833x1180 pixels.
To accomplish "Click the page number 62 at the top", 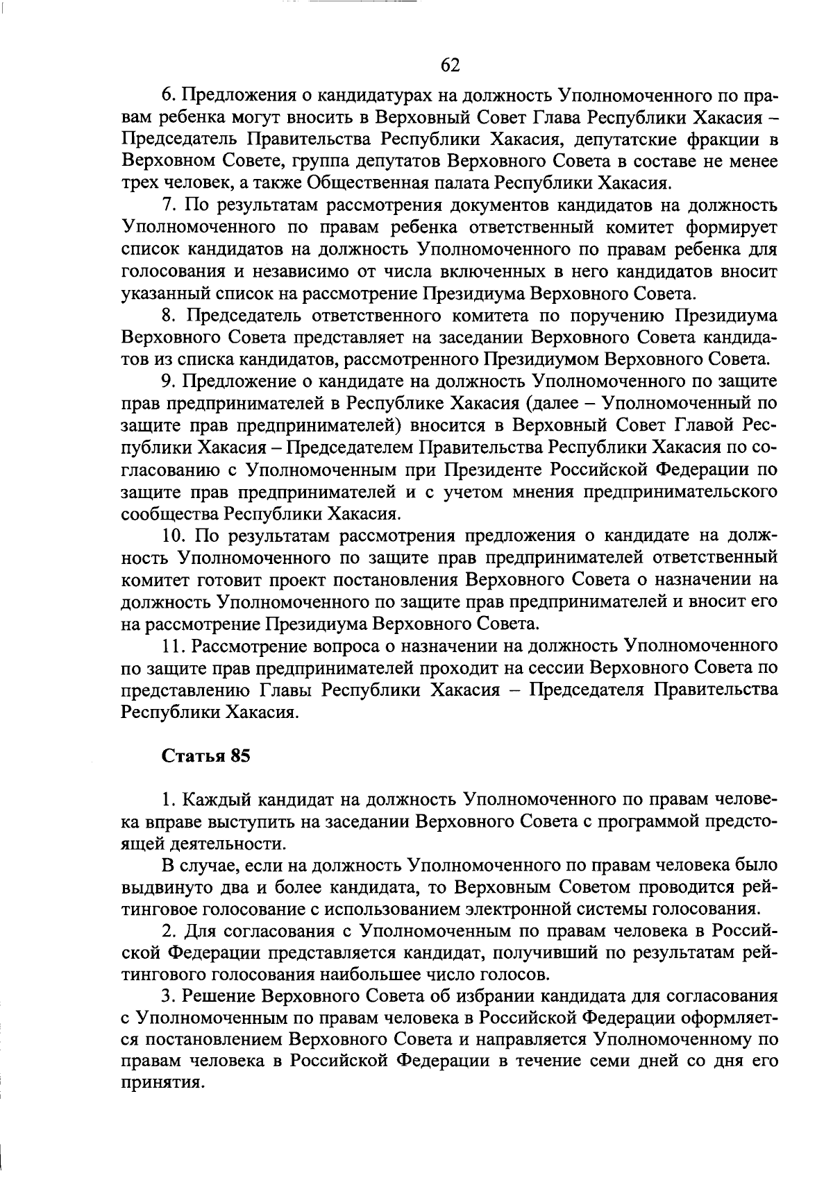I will [451, 65].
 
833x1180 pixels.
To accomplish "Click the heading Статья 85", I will [205, 756].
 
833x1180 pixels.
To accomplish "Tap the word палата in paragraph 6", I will [457, 183].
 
